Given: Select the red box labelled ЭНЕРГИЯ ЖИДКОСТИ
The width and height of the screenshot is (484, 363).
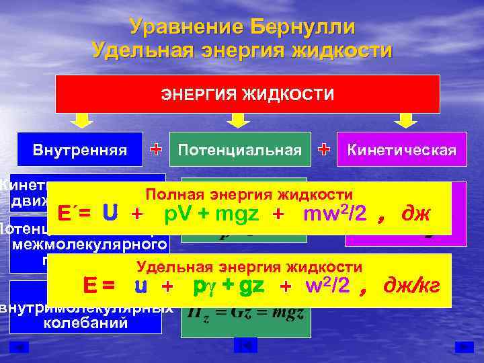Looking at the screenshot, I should coord(247,93).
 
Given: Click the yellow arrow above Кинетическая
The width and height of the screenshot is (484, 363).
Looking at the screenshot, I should coord(405,120).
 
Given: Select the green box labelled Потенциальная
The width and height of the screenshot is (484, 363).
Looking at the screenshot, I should coord(239,149).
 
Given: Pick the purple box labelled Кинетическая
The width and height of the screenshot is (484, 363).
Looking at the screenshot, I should coord(401,149).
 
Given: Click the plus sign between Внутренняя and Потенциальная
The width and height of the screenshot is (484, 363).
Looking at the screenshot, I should coord(155,149).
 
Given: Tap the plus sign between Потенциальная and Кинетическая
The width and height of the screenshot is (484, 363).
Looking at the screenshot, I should coord(324,149).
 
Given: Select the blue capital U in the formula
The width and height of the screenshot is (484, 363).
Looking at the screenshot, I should coord(110,214).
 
